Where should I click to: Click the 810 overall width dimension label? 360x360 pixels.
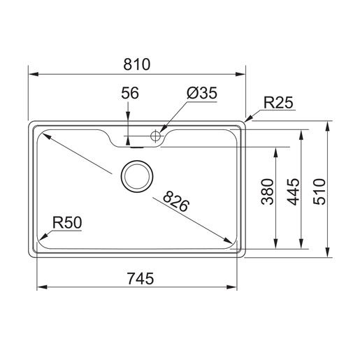tap(137, 64)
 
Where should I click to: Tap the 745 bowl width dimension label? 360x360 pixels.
tap(141, 278)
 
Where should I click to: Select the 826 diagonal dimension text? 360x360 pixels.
tap(176, 201)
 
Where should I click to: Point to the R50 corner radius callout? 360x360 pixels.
tap(67, 222)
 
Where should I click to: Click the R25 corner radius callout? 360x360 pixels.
tap(278, 102)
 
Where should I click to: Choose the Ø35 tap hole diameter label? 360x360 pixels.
tap(202, 93)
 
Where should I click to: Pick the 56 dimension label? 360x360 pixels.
tap(130, 93)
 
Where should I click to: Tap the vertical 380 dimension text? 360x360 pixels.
tap(267, 192)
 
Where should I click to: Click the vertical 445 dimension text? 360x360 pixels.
tap(293, 192)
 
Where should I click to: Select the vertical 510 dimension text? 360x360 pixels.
tap(319, 192)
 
